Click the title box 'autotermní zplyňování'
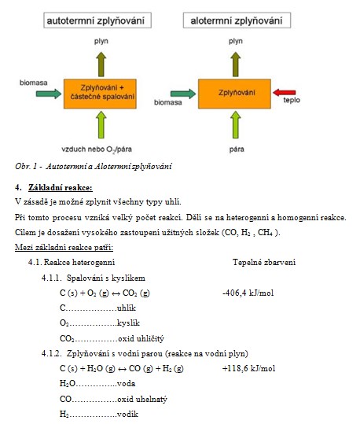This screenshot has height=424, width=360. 97,20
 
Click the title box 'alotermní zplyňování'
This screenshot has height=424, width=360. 237,20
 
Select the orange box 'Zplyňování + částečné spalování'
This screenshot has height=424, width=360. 100,94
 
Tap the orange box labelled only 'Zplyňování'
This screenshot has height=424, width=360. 234,94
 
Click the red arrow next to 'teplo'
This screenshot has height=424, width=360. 284,93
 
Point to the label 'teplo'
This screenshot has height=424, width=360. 292,100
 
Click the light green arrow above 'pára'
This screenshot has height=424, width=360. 236,124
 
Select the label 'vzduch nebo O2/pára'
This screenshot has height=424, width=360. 97,149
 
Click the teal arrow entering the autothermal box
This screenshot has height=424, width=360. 49,94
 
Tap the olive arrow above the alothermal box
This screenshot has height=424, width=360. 236,65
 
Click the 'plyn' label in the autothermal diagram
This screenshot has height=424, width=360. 101,42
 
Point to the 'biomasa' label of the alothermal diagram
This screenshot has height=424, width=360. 168,102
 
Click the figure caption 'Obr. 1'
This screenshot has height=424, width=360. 26,166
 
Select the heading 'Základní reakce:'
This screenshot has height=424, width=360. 61,187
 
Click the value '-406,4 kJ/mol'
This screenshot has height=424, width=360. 248,293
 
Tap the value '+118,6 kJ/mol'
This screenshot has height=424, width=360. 248,368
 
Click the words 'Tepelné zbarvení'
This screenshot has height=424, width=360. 264,262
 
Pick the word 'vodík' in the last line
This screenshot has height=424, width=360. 127,414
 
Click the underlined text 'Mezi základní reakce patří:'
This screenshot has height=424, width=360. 64,247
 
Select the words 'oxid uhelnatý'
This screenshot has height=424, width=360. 142,399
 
